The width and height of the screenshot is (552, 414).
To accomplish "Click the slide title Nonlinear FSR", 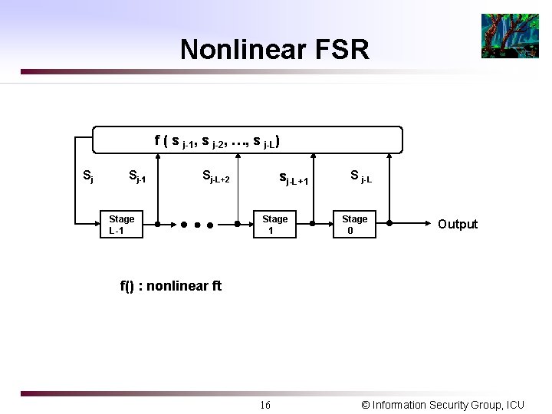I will click(x=274, y=50).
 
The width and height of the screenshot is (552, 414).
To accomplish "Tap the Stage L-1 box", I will click(x=121, y=225).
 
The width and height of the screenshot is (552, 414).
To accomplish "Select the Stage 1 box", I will click(x=274, y=225).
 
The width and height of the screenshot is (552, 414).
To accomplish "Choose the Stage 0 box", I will click(x=354, y=225).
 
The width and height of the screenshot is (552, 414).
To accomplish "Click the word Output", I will click(x=457, y=224).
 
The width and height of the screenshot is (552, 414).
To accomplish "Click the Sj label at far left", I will click(x=88, y=176).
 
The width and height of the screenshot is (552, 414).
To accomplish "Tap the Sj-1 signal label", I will click(x=136, y=178).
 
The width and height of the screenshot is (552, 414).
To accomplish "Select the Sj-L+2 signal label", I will click(x=215, y=177).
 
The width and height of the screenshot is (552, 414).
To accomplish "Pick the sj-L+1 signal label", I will click(x=294, y=180).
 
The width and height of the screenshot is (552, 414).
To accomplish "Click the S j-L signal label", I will click(x=361, y=176).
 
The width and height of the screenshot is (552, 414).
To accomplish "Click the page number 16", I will click(x=264, y=404).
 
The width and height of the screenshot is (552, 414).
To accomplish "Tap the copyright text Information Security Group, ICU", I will click(x=442, y=404).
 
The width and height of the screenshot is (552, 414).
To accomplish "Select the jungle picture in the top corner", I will click(x=510, y=36).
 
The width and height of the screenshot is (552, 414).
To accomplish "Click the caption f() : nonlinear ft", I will click(x=170, y=286).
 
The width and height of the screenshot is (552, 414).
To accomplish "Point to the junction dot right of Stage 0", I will click(x=390, y=225).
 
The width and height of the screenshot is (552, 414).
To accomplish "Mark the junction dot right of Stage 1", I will click(x=313, y=225).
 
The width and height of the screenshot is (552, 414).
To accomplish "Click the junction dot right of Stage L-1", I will click(x=157, y=225).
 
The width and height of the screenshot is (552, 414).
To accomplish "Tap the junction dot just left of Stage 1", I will click(x=237, y=225).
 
